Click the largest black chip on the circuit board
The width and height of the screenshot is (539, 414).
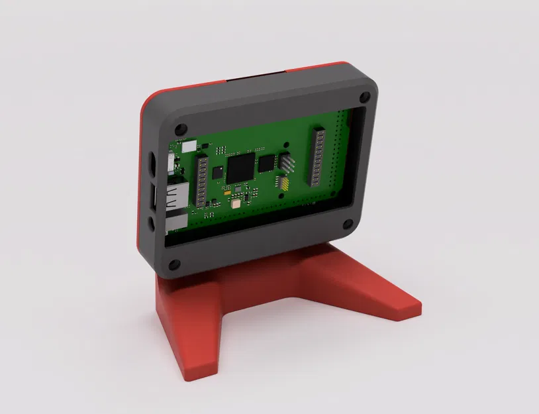click(240, 168)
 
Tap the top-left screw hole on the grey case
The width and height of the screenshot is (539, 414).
click(181, 124)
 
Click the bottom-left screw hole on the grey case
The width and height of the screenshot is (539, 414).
click(174, 265)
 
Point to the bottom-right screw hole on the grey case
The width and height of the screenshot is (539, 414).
click(347, 223)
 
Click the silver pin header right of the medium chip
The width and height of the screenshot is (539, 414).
click(287, 163)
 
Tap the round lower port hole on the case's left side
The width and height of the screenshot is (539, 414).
click(152, 223)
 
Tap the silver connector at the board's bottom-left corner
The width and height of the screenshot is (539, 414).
click(174, 224)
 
